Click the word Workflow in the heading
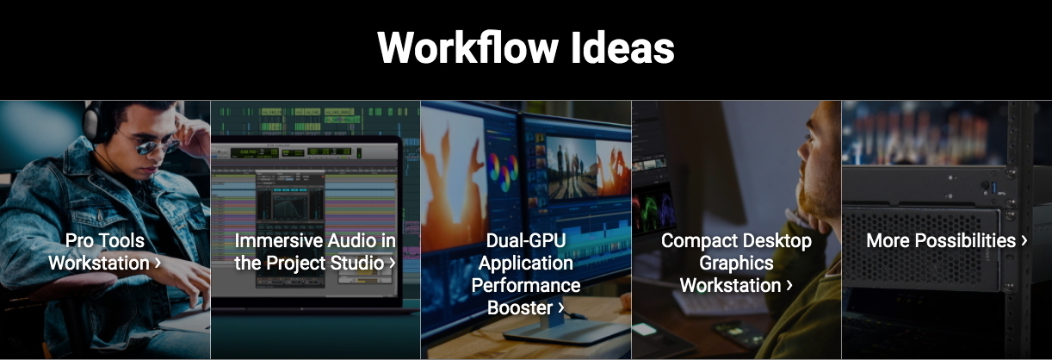tap(467, 47)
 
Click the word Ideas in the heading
tap(622, 47)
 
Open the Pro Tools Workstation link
tap(105, 251)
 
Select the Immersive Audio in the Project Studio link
tap(315, 251)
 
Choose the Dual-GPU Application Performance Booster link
tap(525, 274)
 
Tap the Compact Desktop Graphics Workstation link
tap(736, 263)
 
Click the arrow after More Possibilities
tap(1024, 241)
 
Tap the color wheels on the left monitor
tap(503, 171)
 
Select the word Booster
tap(520, 307)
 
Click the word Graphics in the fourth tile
tap(736, 263)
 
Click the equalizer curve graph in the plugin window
tap(290, 207)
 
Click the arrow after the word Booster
tap(560, 307)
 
